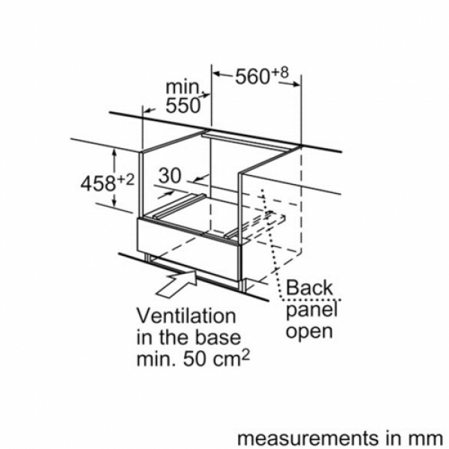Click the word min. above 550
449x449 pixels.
183,87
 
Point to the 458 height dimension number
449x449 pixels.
98,183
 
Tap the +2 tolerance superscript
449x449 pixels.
125,180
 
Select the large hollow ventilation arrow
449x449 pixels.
177,284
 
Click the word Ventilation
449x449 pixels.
186,316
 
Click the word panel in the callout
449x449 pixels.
312,311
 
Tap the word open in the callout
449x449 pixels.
310,332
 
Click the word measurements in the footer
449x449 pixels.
308,438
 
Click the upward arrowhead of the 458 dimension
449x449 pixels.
114,153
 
